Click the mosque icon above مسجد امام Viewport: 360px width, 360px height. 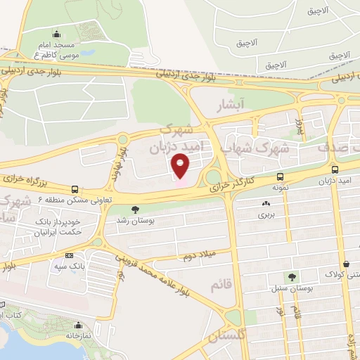(56, 33)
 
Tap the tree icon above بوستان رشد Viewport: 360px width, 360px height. (135, 209)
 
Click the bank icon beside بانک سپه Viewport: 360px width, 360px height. (69, 256)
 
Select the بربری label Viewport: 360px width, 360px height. (265, 214)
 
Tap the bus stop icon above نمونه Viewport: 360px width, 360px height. (281, 176)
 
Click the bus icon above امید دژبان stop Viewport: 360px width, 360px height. (335, 169)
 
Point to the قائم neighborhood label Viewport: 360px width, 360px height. (219, 284)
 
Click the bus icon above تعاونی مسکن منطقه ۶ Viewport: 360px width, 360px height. (75, 188)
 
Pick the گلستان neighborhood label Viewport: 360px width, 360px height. (226, 337)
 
